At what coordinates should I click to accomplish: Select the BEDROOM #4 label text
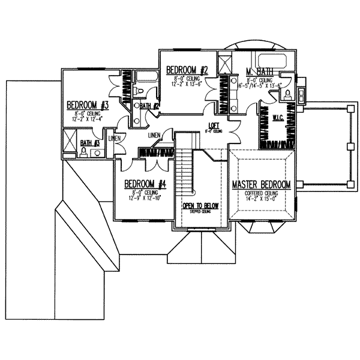click(x=145, y=184)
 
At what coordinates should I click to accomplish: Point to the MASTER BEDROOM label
click(x=262, y=184)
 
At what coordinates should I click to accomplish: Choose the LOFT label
click(x=213, y=125)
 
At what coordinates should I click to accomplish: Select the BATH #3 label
click(x=90, y=143)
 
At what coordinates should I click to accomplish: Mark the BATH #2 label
click(x=149, y=106)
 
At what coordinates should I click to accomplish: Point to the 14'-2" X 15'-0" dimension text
click(x=262, y=200)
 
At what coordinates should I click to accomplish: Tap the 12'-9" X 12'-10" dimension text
click(x=145, y=198)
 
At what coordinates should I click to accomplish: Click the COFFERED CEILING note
click(x=262, y=193)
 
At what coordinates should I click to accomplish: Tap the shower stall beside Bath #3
click(x=70, y=144)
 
